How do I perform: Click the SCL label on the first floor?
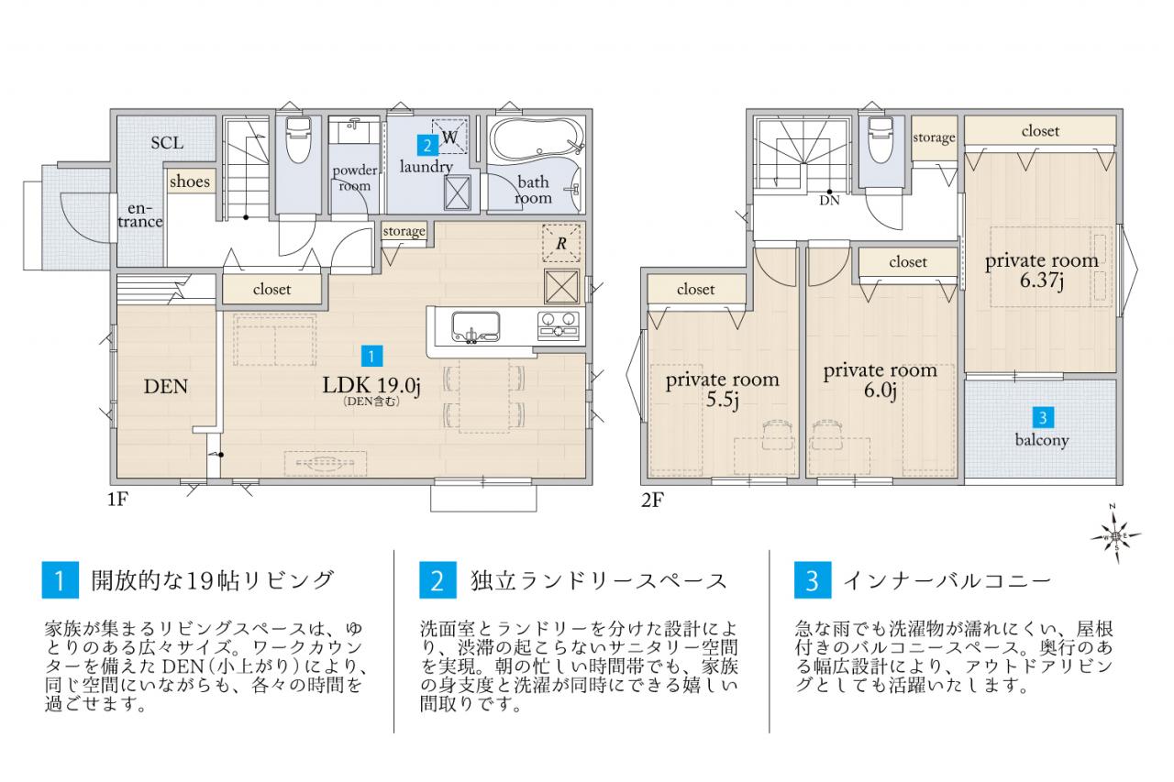(x=167, y=142)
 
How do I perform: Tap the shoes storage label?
(x=190, y=182)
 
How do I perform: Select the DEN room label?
(x=166, y=387)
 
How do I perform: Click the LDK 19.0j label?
(x=371, y=386)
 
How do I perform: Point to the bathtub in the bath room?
(x=537, y=138)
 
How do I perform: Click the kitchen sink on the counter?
(x=475, y=327)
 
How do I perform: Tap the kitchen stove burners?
(x=559, y=324)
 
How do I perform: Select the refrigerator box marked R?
(x=561, y=243)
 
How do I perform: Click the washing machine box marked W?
(x=449, y=137)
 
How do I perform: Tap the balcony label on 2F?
(x=1041, y=440)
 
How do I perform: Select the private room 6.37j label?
(x=1041, y=270)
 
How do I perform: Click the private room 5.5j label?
(x=722, y=390)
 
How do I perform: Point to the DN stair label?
(x=830, y=200)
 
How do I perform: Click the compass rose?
(x=1116, y=535)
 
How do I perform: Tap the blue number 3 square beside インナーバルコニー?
(x=813, y=579)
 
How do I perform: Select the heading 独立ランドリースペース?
(x=599, y=581)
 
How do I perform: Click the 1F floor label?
(x=118, y=500)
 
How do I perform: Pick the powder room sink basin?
(x=354, y=131)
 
